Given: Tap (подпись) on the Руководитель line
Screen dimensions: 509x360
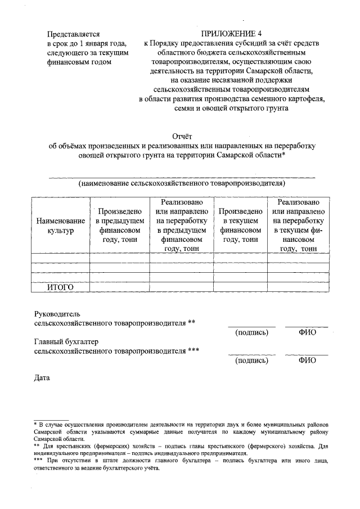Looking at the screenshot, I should coord(251,332).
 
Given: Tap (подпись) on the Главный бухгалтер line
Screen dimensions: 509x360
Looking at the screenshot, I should coord(251,360).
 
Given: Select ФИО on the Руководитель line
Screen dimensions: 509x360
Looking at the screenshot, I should coord(307,332).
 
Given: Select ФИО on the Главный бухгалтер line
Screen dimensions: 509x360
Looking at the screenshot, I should coord(307,360).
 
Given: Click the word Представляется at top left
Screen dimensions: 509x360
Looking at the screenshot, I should coord(74,34).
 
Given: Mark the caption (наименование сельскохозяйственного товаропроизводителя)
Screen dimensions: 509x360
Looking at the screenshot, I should coord(182,183).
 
